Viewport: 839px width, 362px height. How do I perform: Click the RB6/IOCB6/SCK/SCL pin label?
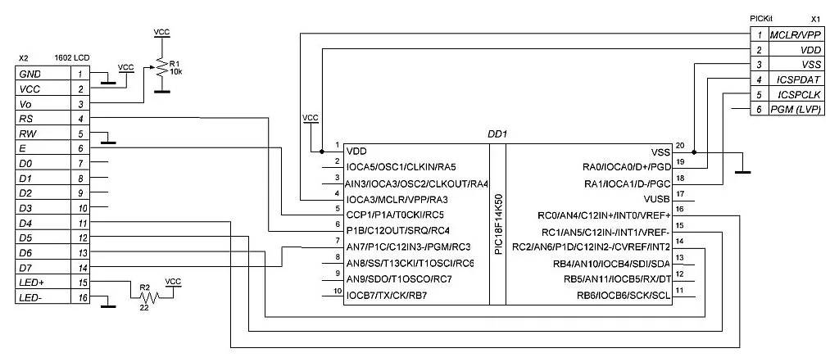[x=624, y=295]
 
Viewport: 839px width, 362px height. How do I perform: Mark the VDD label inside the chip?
[x=357, y=152]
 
